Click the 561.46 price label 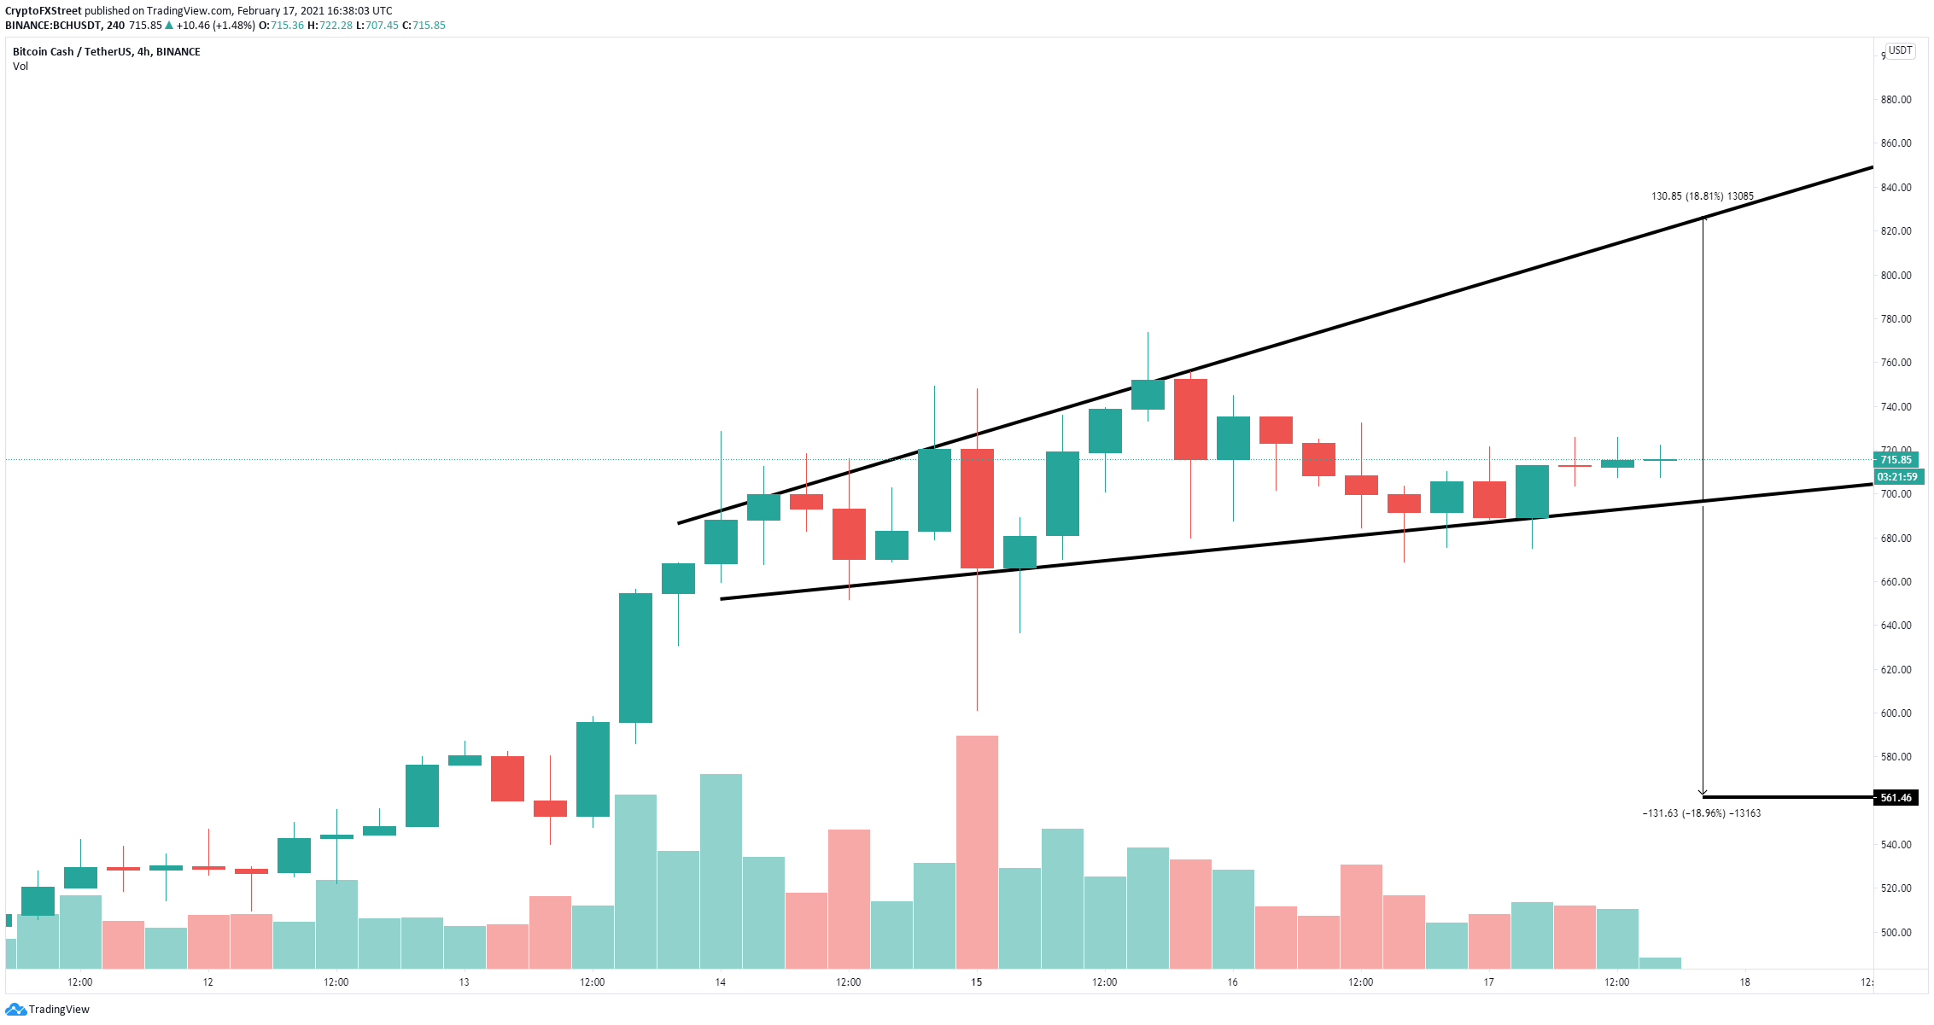click(1895, 798)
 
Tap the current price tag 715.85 click(1895, 460)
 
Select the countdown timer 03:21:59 click(1896, 477)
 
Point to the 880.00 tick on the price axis click(1896, 100)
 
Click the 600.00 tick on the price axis click(1896, 713)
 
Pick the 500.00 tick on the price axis click(1896, 933)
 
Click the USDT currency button click(1900, 50)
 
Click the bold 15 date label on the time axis click(976, 982)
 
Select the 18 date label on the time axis click(1744, 982)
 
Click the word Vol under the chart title click(20, 67)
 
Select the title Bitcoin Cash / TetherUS click(72, 52)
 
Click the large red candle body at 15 click(977, 509)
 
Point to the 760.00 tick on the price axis click(1896, 363)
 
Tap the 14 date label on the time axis click(720, 982)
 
